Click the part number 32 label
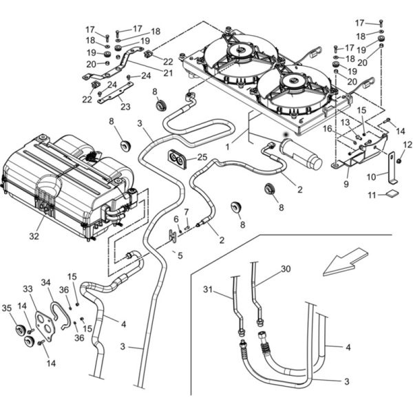[34, 236]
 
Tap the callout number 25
[202, 157]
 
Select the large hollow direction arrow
[346, 262]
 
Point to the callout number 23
[125, 107]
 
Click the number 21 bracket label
[168, 73]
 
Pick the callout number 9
[346, 184]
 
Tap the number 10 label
[372, 177]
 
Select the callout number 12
[407, 145]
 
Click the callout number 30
[286, 269]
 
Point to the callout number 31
[208, 290]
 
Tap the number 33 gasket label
[28, 288]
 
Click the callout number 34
[45, 283]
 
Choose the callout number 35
[7, 308]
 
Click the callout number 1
[228, 147]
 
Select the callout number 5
[180, 255]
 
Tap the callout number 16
[328, 129]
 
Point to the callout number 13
[345, 123]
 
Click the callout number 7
[187, 211]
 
